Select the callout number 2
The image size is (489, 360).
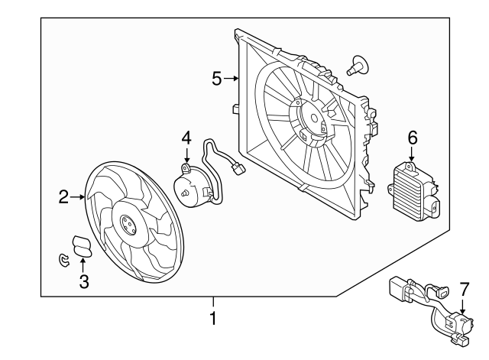[x=64, y=198]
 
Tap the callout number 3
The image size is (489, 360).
[x=84, y=281]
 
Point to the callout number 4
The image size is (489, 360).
[x=186, y=139]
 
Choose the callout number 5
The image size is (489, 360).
[x=217, y=78]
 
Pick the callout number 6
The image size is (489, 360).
[x=412, y=138]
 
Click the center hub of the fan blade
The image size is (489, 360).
[x=126, y=225]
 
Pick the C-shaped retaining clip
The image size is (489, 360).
[x=64, y=261]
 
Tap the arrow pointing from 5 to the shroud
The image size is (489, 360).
[x=235, y=78]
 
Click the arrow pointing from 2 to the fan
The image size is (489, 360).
[x=79, y=198]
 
